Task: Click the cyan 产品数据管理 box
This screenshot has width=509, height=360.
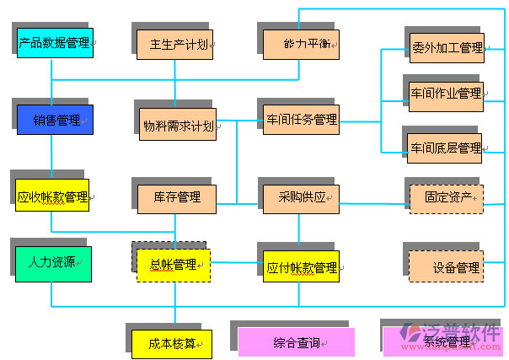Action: [x=55, y=43]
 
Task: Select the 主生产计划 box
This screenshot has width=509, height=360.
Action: [x=178, y=44]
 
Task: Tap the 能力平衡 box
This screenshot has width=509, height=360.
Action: [x=301, y=44]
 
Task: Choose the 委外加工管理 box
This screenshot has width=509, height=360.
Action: [x=446, y=48]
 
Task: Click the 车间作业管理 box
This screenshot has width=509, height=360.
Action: [x=446, y=93]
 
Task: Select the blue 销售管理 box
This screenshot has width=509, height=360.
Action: [x=55, y=120]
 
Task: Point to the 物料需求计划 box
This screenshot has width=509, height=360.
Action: [x=178, y=125]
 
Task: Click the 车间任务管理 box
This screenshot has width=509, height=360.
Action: [x=301, y=120]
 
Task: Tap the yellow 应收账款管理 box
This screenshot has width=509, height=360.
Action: [x=52, y=198]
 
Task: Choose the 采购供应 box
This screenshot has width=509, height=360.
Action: [x=301, y=197]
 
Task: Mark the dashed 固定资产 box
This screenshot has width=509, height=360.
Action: [x=447, y=198]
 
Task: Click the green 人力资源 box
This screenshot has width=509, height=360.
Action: [x=52, y=262]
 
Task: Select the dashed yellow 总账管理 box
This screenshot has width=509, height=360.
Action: [x=174, y=265]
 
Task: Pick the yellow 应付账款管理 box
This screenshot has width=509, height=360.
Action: [x=301, y=268]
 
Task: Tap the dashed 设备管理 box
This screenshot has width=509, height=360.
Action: [x=447, y=266]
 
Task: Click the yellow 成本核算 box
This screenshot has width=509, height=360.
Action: [x=172, y=343]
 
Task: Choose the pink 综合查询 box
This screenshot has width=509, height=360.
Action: [x=297, y=342]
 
